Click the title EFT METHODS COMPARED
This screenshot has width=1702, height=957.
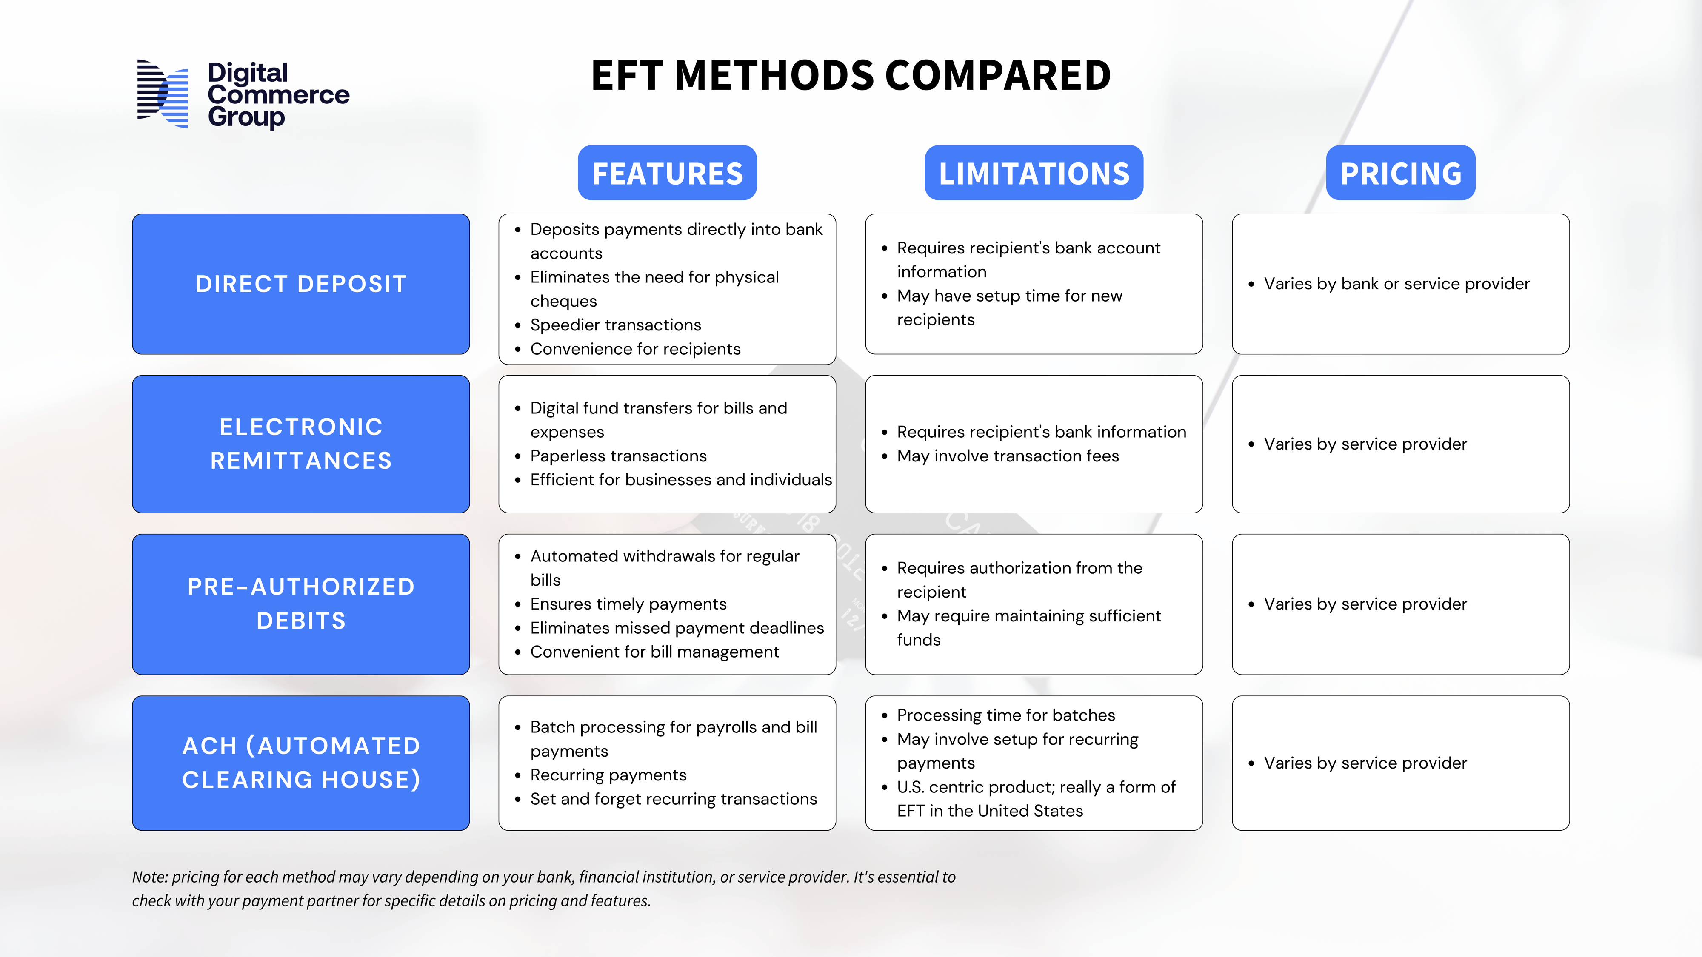click(850, 75)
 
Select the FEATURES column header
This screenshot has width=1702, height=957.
click(667, 173)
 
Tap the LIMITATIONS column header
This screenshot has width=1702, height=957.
click(1034, 173)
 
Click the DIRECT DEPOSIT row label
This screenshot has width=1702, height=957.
click(301, 284)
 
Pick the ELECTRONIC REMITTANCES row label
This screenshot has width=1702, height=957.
click(301, 444)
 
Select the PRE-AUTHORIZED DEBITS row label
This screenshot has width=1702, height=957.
click(301, 604)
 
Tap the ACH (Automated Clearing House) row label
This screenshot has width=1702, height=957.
click(301, 763)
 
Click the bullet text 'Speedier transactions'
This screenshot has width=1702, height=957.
click(615, 325)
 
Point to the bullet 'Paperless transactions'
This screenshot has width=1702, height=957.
click(618, 456)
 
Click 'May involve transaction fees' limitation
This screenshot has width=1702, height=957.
click(1008, 456)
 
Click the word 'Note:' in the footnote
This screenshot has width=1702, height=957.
click(150, 877)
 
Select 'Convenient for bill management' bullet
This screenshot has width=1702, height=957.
click(654, 652)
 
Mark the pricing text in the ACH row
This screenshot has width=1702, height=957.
click(1365, 763)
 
